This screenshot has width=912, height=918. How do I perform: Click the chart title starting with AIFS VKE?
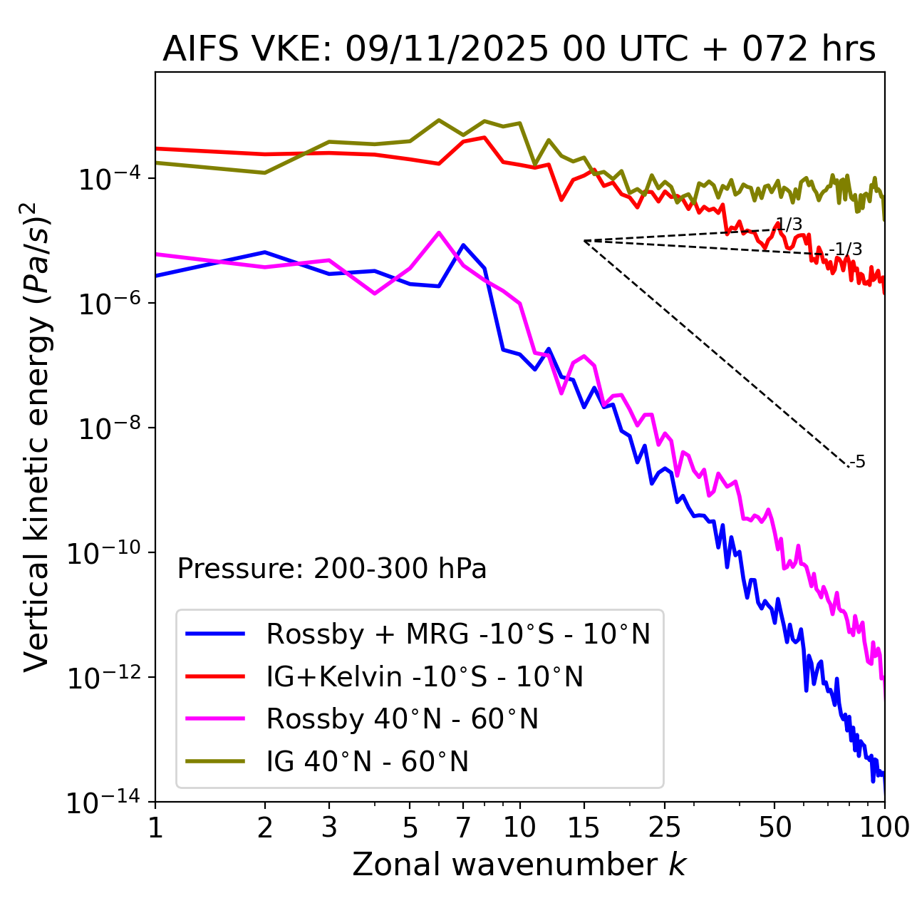(x=519, y=50)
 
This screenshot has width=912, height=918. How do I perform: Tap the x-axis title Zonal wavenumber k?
(x=519, y=864)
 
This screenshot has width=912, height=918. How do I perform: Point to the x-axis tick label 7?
(x=463, y=827)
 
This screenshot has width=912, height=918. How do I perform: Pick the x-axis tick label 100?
(x=884, y=827)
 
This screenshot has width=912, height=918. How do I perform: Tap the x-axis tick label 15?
(x=584, y=827)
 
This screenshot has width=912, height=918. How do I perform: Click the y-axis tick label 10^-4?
(x=108, y=178)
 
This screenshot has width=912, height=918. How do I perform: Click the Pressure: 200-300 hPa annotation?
(x=331, y=569)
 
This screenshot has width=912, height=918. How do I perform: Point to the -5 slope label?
(x=859, y=462)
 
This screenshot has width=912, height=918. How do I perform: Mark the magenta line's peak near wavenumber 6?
(x=439, y=232)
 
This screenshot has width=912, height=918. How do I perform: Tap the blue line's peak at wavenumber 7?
(x=463, y=245)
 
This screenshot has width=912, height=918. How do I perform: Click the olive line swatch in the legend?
(x=215, y=762)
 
